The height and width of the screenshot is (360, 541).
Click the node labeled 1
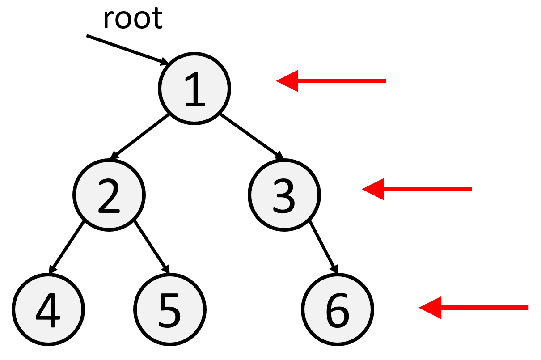click(x=194, y=88)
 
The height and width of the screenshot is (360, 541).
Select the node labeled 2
click(x=109, y=195)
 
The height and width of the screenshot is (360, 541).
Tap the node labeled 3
click(x=284, y=195)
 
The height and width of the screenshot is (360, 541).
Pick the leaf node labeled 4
click(x=48, y=309)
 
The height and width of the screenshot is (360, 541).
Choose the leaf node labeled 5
click(x=170, y=309)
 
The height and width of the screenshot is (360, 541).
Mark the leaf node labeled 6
click(x=338, y=309)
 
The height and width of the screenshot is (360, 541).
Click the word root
click(x=132, y=19)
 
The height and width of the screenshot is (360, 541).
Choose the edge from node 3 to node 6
click(x=323, y=246)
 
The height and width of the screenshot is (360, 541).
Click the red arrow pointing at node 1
click(x=331, y=81)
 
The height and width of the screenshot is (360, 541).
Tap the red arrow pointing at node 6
click(x=474, y=308)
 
